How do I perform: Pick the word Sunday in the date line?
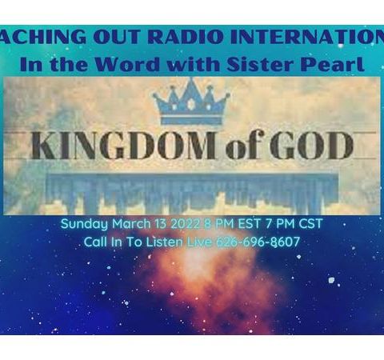[82, 224]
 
